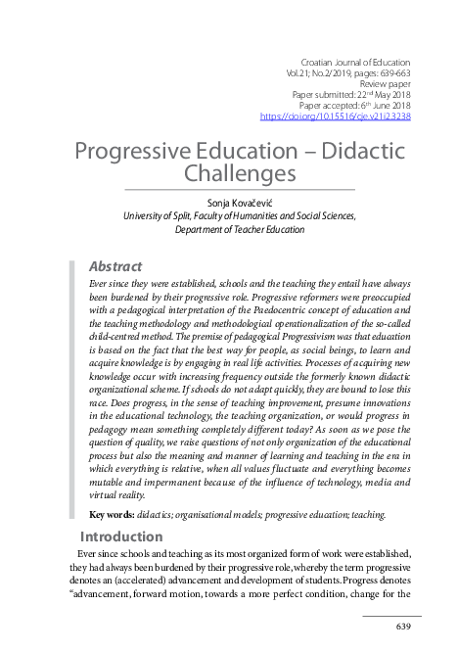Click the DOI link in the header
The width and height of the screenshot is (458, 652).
(x=349, y=116)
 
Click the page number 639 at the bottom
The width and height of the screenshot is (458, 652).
(x=403, y=626)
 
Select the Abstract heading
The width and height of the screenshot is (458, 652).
(x=115, y=266)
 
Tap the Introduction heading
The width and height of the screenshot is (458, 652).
(x=121, y=536)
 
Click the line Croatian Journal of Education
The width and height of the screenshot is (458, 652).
(x=354, y=62)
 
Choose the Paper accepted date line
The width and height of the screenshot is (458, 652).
(x=354, y=105)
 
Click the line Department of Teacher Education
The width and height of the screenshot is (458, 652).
(x=240, y=229)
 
